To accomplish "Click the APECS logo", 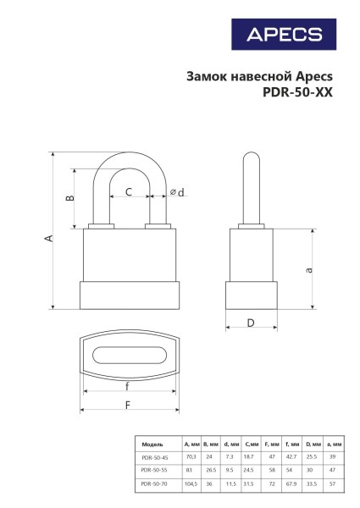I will (x=284, y=35).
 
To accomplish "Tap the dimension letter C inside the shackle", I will (x=129, y=192).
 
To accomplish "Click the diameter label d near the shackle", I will (x=177, y=193).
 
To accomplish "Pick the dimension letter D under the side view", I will (x=251, y=323).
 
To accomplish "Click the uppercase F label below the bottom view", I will (x=128, y=405).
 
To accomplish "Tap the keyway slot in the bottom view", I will (x=128, y=355).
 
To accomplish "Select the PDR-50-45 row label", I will (x=154, y=456).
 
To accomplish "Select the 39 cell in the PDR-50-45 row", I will (x=334, y=456).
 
